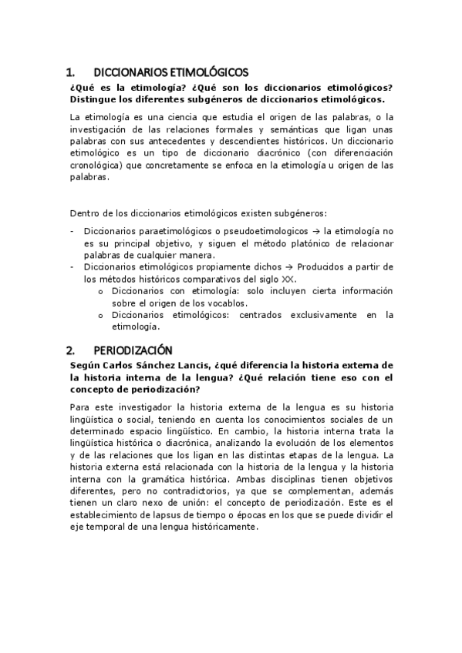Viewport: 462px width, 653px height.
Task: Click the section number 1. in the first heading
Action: click(x=71, y=73)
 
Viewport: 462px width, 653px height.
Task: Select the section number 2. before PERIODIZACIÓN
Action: click(x=71, y=349)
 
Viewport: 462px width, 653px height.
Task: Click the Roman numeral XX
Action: click(x=288, y=279)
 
